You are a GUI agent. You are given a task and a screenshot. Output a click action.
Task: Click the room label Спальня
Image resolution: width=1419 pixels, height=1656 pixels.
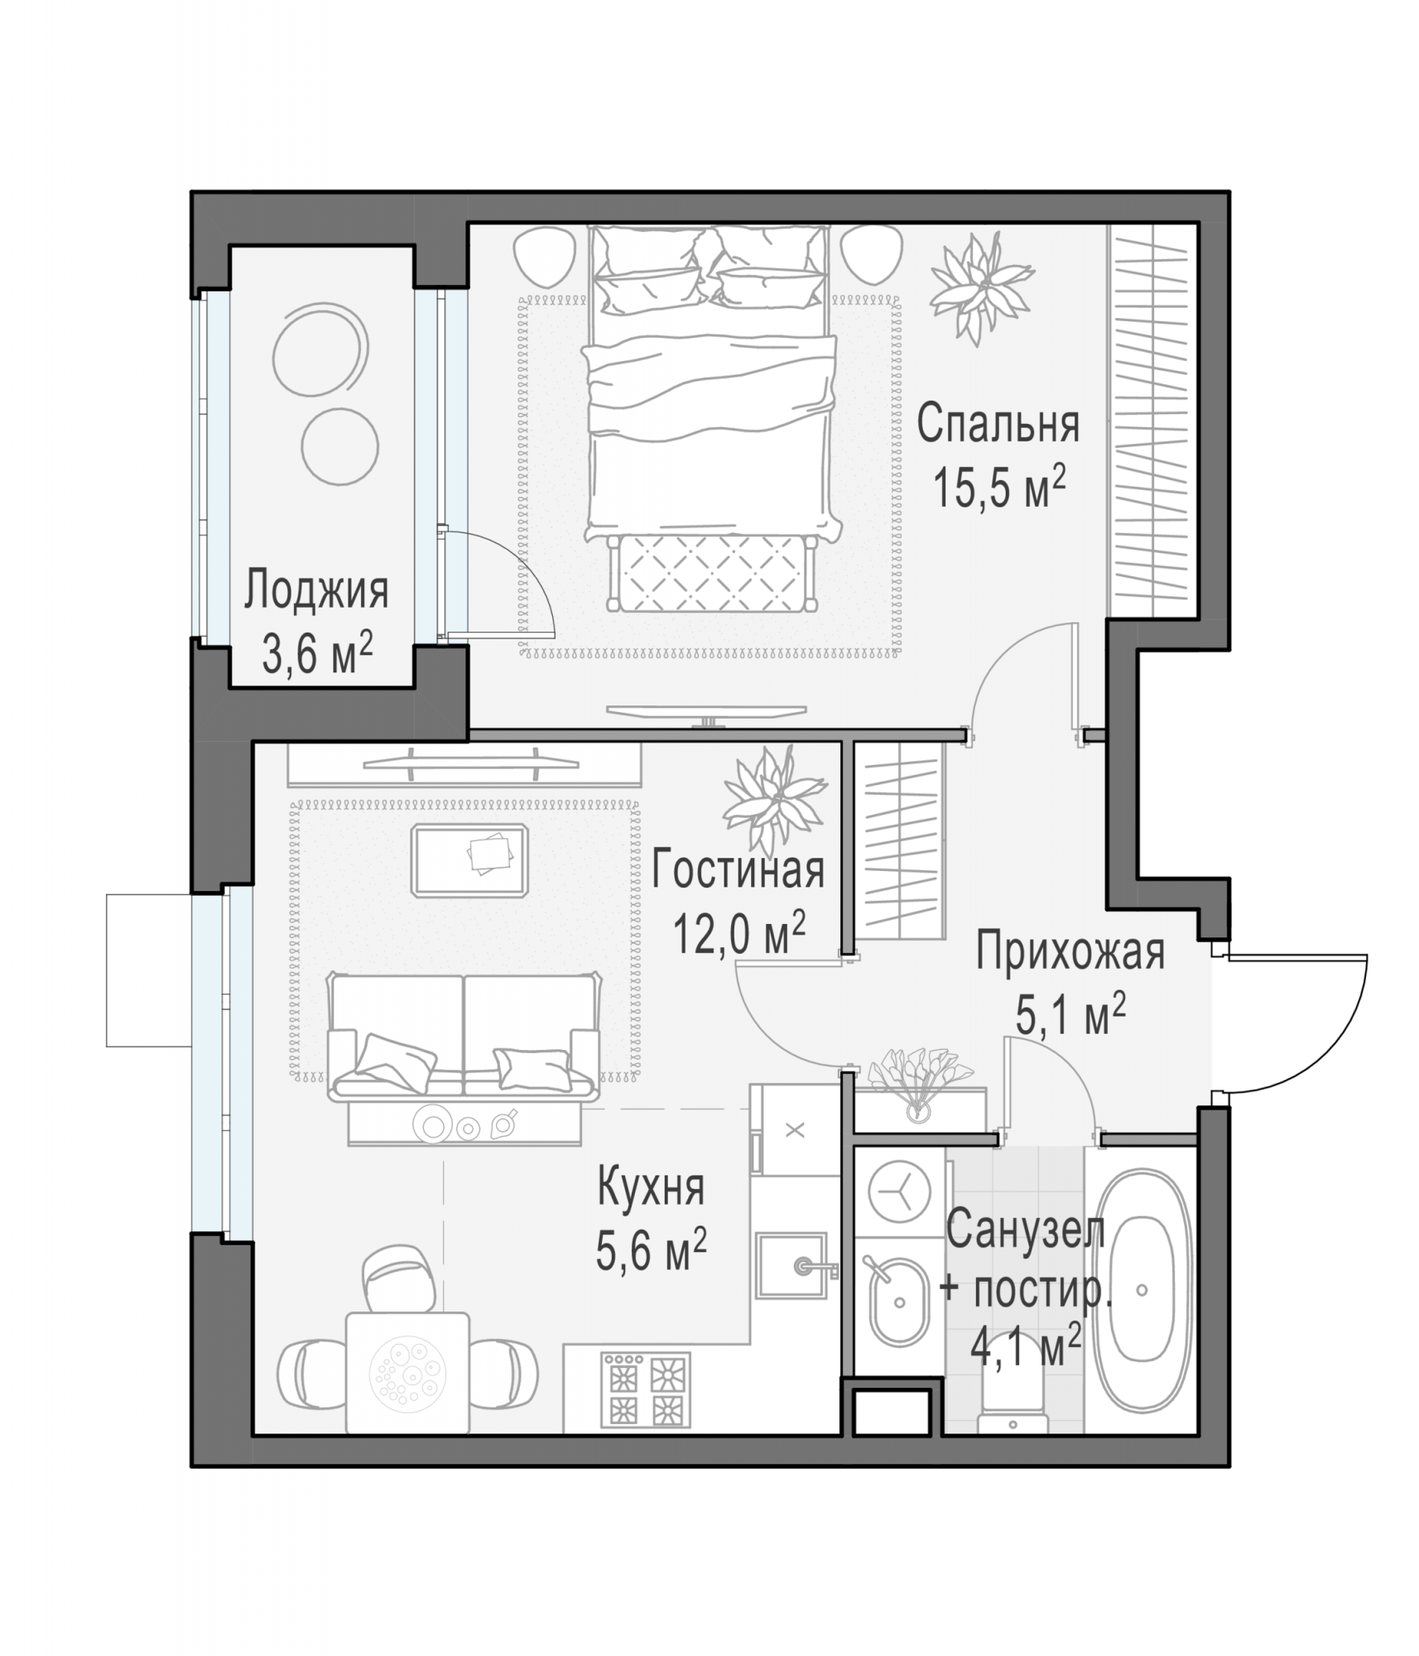pyautogui.click(x=998, y=423)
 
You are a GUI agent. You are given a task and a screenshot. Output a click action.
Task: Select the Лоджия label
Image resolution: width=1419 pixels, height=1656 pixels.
pyautogui.click(x=316, y=591)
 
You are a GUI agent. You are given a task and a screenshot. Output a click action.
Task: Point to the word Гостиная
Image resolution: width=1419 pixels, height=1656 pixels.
pyautogui.click(x=738, y=869)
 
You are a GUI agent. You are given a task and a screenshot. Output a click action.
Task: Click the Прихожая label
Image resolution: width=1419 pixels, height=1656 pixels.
pyautogui.click(x=1070, y=951)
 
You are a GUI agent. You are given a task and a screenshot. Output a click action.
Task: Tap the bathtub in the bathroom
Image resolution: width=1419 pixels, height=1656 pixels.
pyautogui.click(x=1142, y=1291)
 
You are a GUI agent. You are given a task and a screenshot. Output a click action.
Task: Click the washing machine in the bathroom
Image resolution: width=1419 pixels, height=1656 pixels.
pyautogui.click(x=899, y=1191)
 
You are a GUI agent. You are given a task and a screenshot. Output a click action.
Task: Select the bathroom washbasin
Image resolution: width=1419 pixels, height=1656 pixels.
pyautogui.click(x=900, y=1302)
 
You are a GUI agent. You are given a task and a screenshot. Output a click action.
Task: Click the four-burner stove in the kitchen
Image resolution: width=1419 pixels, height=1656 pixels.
pyautogui.click(x=646, y=1390)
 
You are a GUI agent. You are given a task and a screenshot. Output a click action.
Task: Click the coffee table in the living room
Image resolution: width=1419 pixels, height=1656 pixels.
pyautogui.click(x=469, y=860)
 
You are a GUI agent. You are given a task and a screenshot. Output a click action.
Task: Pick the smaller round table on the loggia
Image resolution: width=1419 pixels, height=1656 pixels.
pyautogui.click(x=340, y=447)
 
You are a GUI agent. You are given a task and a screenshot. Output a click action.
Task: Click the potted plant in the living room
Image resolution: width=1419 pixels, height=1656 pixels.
pyautogui.click(x=775, y=800)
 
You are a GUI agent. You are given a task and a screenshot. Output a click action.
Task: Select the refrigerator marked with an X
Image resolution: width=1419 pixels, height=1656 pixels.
pyautogui.click(x=795, y=1130)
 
